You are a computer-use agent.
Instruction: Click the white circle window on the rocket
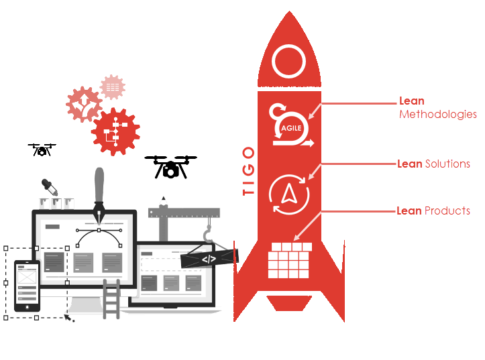[x=289, y=62]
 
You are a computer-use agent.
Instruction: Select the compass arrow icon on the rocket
[x=289, y=194]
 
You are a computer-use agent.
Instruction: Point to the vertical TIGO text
[x=248, y=171]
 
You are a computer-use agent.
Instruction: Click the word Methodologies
[x=438, y=115]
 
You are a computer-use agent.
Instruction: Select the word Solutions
[x=447, y=164]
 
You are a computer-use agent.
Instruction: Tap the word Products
[x=447, y=211]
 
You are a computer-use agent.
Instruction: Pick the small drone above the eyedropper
[x=42, y=149]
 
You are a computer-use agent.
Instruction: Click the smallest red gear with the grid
[x=113, y=87]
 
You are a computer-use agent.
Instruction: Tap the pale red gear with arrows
[x=85, y=105]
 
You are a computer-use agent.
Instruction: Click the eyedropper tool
[x=49, y=188]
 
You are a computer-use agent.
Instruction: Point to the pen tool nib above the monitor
[x=100, y=213]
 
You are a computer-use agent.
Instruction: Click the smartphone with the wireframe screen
[x=28, y=286]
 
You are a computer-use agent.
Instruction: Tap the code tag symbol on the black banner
[x=209, y=258]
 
